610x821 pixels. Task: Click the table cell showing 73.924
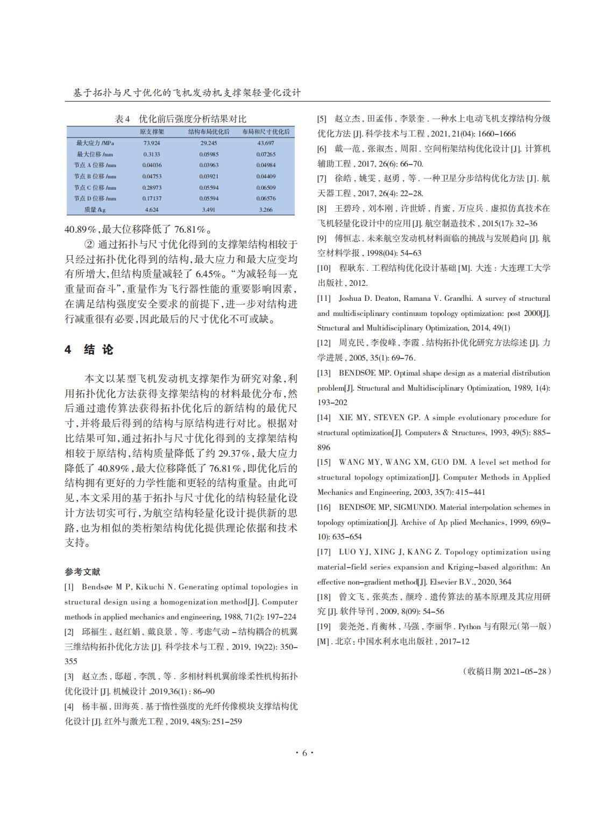pyautogui.click(x=152, y=143)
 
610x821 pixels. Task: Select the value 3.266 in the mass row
pyautogui.click(x=265, y=210)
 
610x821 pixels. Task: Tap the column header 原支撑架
pyautogui.click(x=152, y=132)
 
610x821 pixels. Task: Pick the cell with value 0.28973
pyautogui.click(x=152, y=188)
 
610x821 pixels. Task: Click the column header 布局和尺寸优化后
pyautogui.click(x=266, y=132)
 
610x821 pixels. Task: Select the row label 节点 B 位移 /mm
pyautogui.click(x=95, y=176)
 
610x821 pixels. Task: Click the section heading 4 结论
pyautogui.click(x=89, y=350)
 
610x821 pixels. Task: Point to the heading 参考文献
pyautogui.click(x=82, y=572)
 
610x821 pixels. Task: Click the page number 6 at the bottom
pyautogui.click(x=304, y=753)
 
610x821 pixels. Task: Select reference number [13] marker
pyautogui.click(x=324, y=373)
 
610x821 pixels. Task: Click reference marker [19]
pyautogui.click(x=324, y=626)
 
